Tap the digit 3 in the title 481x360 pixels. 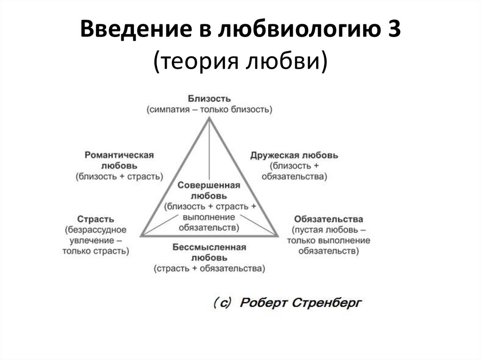394,29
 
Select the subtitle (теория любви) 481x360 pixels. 240,60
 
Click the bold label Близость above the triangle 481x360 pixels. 209,99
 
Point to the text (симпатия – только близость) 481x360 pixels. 209,109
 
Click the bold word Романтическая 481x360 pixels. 119,155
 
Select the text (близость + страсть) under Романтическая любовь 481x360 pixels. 119,176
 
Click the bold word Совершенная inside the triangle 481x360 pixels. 209,185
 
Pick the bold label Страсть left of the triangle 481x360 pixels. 96,219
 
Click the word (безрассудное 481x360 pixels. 96,230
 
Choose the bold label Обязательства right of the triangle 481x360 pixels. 328,219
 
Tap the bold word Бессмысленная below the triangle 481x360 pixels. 209,247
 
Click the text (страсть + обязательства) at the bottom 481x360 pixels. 209,268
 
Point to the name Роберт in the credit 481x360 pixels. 264,303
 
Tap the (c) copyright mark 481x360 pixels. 222,303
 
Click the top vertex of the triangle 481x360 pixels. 209,118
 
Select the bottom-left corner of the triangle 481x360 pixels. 141,236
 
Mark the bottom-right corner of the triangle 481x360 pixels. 278,236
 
